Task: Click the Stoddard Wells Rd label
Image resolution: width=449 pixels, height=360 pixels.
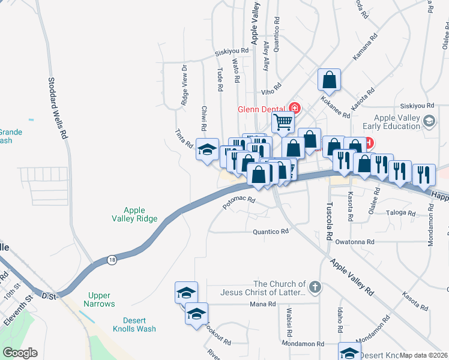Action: (x=58, y=108)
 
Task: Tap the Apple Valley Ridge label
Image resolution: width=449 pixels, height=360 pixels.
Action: (x=134, y=214)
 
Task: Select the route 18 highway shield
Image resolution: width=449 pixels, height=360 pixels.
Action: (x=112, y=259)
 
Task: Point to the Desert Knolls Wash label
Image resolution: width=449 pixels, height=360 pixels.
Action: (x=134, y=324)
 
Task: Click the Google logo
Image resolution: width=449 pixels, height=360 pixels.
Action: (x=20, y=353)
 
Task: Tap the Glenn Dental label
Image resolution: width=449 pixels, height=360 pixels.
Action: (x=262, y=109)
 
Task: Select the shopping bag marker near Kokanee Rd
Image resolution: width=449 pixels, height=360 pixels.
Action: (x=329, y=79)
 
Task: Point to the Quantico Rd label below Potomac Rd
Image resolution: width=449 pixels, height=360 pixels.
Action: (x=271, y=231)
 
